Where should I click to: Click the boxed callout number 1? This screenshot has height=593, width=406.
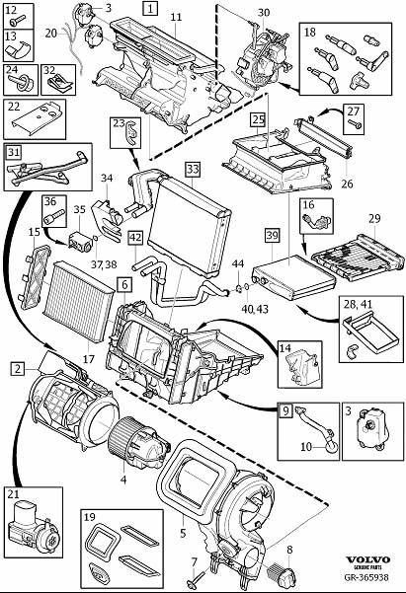coord(148,9)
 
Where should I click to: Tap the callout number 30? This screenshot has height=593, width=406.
coord(263,12)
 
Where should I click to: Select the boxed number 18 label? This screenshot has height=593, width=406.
coord(309,34)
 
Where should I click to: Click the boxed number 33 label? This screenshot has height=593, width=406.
coord(192,169)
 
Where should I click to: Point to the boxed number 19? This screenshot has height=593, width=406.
coord(89,517)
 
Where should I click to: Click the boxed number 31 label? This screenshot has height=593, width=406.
coord(14,153)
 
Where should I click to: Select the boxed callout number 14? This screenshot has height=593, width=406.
coord(284,348)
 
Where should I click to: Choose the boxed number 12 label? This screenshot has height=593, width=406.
coord(12,11)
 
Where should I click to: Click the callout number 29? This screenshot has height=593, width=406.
coord(374,217)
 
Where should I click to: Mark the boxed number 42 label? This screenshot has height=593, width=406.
coord(135,238)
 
